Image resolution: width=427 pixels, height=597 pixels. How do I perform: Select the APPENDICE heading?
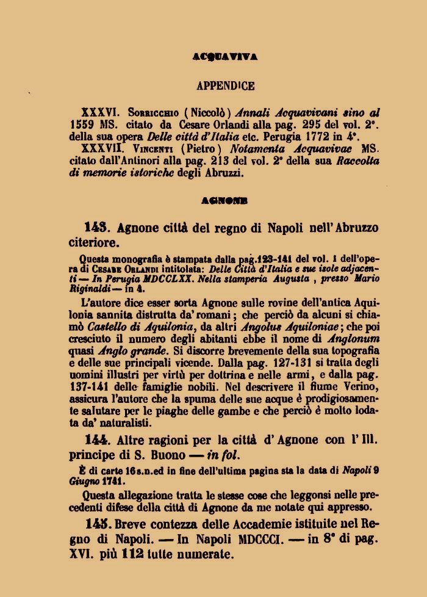click(x=226, y=86)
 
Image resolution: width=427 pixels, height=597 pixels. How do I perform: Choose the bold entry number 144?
click(x=96, y=440)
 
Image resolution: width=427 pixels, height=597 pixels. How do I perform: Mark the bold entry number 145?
click(x=98, y=523)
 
